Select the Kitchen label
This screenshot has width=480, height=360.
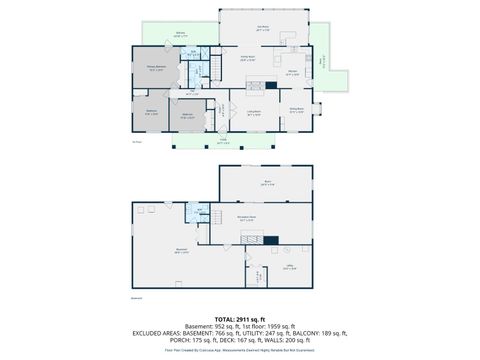(x=294, y=73)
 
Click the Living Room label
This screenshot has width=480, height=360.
(x=254, y=111)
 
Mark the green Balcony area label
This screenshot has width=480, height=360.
(x=181, y=36)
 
